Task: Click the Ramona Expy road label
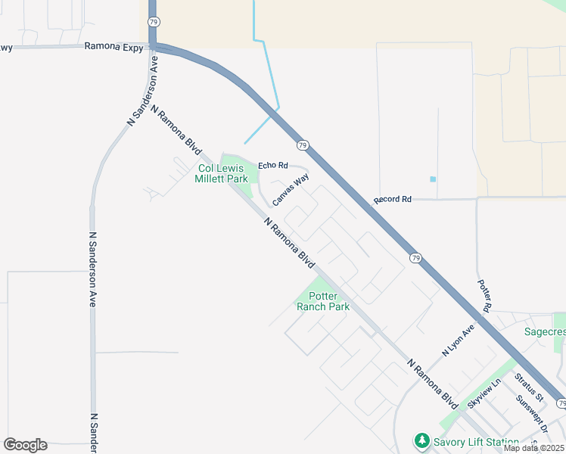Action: click(112, 45)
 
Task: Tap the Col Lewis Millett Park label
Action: click(222, 174)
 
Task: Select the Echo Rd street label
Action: click(273, 165)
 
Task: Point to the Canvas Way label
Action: click(291, 190)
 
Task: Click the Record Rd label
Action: click(392, 200)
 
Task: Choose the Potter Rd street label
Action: click(485, 296)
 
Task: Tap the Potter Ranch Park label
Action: click(323, 301)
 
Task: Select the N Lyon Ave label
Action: click(458, 340)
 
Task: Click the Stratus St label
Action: click(529, 387)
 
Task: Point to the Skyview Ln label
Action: click(484, 394)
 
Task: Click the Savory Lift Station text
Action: click(475, 442)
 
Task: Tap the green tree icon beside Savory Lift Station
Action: click(421, 440)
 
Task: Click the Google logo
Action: click(25, 445)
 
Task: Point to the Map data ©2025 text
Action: click(533, 448)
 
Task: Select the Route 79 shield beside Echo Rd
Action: click(302, 145)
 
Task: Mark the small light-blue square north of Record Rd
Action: click(433, 179)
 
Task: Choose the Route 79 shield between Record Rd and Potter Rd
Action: click(416, 258)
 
